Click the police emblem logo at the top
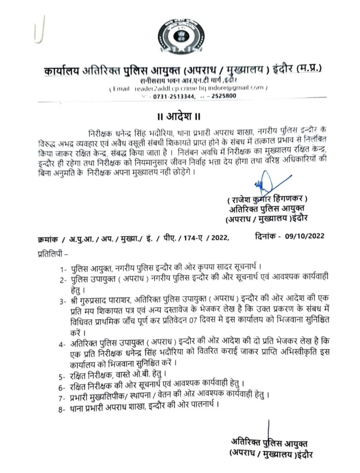[180, 36]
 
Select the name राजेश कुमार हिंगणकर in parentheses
[267, 199]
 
